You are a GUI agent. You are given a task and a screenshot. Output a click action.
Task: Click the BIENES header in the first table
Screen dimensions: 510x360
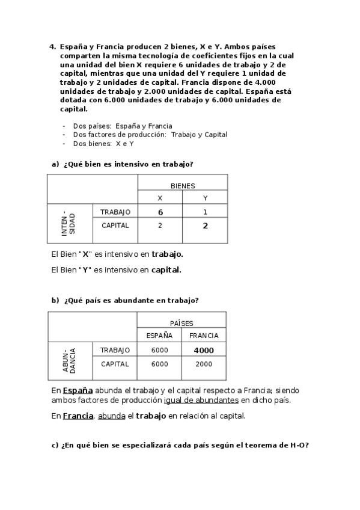pos(183,186)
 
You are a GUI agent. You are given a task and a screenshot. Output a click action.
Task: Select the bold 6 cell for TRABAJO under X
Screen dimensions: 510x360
pos(160,212)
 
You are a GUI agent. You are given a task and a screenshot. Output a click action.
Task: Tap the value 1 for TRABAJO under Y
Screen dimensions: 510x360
pos(205,212)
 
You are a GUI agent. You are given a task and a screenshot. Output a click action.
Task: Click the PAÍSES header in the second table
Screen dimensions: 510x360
pos(182,323)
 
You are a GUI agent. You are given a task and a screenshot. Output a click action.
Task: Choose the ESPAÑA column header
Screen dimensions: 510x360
pos(159,336)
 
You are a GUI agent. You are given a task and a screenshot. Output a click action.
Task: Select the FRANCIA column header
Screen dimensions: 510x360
pos(204,336)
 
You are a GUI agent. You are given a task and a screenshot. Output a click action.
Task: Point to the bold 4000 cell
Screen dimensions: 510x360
pos(204,350)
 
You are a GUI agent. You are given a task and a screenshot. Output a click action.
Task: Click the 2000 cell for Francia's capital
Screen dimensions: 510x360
pos(204,364)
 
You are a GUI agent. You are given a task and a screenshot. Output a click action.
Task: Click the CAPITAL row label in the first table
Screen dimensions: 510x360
pos(115,226)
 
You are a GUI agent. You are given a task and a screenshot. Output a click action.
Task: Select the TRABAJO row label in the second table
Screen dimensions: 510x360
pos(115,349)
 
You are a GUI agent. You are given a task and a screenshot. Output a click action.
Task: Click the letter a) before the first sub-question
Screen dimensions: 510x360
pos(56,164)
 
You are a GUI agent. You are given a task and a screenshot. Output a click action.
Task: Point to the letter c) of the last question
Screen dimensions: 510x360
pos(55,446)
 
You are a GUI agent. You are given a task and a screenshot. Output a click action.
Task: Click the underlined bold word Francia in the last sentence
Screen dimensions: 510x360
pos(78,415)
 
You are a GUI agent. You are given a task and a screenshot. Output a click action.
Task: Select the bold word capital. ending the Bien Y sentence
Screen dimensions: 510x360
pos(166,270)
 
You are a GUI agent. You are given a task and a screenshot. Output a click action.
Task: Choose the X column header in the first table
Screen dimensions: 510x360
pos(160,198)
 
